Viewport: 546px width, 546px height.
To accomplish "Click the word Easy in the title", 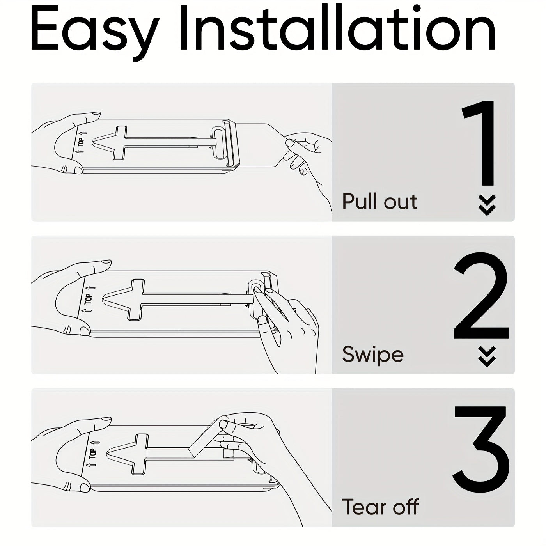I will pyautogui.click(x=94, y=31).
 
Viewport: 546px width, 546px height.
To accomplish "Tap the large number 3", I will pyautogui.click(x=482, y=448).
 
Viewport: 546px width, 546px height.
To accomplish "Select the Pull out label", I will pyautogui.click(x=379, y=202).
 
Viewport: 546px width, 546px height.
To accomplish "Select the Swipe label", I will pyautogui.click(x=372, y=354).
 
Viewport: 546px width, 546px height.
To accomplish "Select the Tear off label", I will pyautogui.click(x=380, y=507).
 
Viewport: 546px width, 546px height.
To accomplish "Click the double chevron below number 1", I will pyautogui.click(x=487, y=205).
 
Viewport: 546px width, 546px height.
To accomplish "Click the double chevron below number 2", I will pyautogui.click(x=487, y=356).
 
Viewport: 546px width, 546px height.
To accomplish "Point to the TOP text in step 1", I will pyautogui.click(x=81, y=142).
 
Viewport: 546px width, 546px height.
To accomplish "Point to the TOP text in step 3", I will pyautogui.click(x=92, y=454).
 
